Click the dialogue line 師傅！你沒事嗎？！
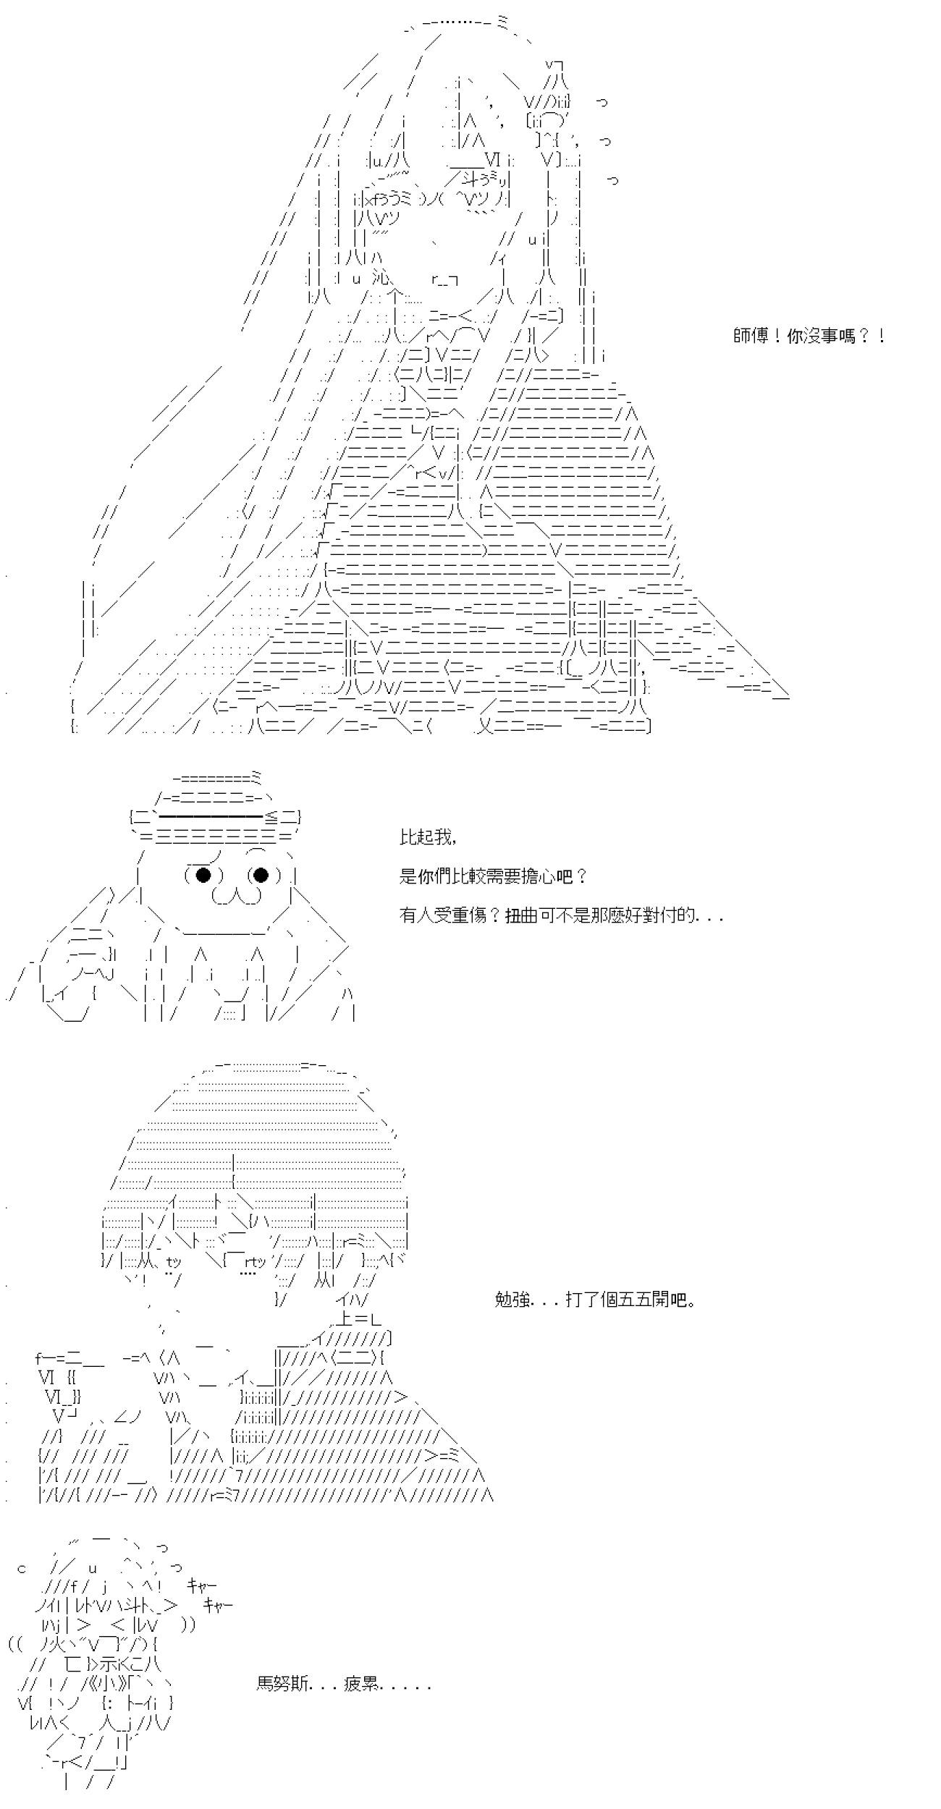809,336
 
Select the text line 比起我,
428,837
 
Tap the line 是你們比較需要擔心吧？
493,876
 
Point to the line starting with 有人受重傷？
561,915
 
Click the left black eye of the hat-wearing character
203,876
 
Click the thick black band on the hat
210,817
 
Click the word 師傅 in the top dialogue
751,336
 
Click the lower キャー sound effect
218,1605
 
